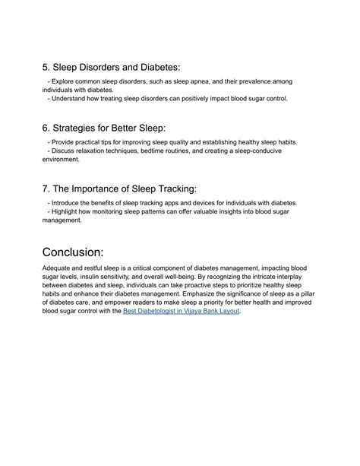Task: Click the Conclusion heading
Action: (84, 252)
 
